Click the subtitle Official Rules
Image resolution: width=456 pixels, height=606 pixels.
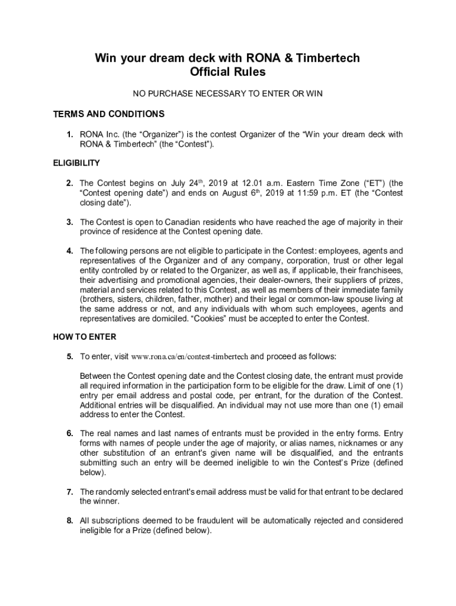pos(228,73)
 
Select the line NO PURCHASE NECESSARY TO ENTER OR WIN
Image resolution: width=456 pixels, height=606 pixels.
pos(228,94)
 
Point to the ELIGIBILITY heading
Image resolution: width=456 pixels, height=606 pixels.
pos(76,163)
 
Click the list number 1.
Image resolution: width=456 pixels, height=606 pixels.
pos(70,134)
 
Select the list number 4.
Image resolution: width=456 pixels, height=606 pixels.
pos(70,250)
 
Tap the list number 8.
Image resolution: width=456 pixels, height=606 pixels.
pos(70,521)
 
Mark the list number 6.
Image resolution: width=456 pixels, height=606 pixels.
pos(70,434)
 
